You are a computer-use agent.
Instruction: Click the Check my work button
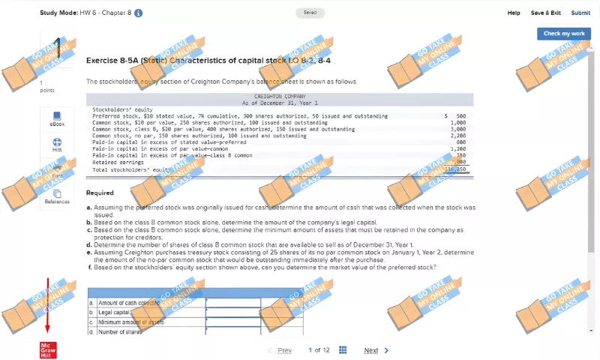(x=563, y=34)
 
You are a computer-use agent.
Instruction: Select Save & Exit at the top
(x=545, y=13)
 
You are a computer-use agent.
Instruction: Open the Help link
(x=514, y=13)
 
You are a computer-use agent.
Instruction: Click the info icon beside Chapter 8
(x=139, y=13)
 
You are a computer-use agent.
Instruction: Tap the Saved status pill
(x=310, y=13)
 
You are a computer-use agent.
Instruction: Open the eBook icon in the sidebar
(x=57, y=118)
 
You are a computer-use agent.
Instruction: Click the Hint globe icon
(x=57, y=144)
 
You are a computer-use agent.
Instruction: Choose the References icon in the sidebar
(x=57, y=195)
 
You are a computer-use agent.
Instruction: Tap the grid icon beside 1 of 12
(x=343, y=350)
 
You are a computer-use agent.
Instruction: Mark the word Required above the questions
(x=100, y=193)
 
